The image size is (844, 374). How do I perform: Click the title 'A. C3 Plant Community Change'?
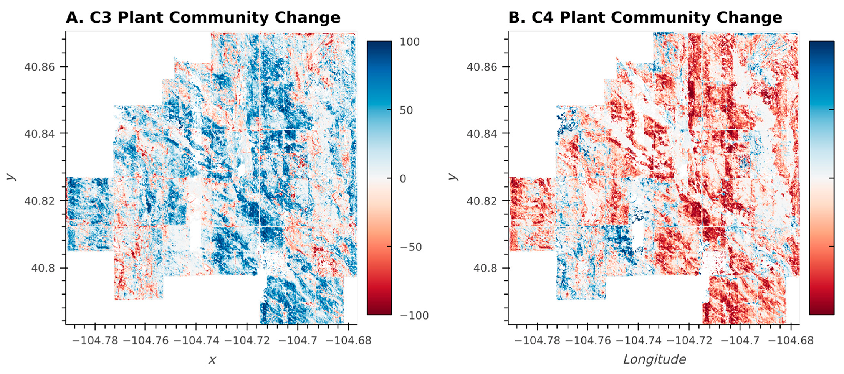pyautogui.click(x=203, y=18)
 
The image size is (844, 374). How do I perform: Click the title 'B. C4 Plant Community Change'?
pyautogui.click(x=645, y=18)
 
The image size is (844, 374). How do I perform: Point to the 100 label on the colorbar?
pyautogui.click(x=410, y=42)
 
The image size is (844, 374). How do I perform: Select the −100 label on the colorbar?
pyautogui.click(x=414, y=315)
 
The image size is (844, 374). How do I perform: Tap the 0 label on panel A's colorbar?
pyautogui.click(x=403, y=178)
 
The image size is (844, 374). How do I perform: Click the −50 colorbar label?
pyautogui.click(x=411, y=247)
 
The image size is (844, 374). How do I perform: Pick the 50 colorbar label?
pyautogui.click(x=406, y=110)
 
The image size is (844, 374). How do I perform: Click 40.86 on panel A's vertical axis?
pyautogui.click(x=40, y=67)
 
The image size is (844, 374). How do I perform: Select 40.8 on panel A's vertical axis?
pyautogui.click(x=43, y=268)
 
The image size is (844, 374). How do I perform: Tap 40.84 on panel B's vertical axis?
pyautogui.click(x=482, y=134)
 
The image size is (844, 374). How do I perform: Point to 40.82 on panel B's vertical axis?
pyautogui.click(x=482, y=201)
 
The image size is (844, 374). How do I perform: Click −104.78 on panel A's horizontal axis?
pyautogui.click(x=95, y=340)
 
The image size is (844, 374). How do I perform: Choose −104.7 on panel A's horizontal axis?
pyautogui.click(x=298, y=340)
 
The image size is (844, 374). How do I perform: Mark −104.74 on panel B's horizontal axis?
pyautogui.click(x=638, y=340)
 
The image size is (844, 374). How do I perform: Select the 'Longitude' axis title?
pyautogui.click(x=654, y=359)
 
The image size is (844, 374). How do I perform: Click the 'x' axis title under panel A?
pyautogui.click(x=212, y=360)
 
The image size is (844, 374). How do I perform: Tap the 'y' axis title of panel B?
pyautogui.click(x=453, y=176)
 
